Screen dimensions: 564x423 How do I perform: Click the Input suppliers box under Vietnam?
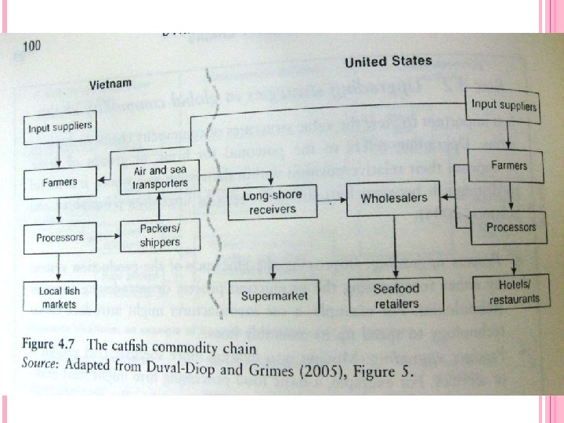60,127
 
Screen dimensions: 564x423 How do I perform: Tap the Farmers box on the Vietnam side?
60,183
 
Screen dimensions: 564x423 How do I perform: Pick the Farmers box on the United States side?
508,165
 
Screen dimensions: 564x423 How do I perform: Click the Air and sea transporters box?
160,177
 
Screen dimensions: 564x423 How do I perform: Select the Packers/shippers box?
160,235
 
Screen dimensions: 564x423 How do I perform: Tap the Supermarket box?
275,295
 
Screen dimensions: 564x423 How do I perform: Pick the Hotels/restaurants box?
514,293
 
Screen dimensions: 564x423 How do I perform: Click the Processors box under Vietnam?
60,237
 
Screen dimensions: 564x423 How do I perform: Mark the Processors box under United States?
511,227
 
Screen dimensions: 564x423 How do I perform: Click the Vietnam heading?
110,83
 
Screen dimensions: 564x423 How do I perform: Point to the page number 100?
31,45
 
